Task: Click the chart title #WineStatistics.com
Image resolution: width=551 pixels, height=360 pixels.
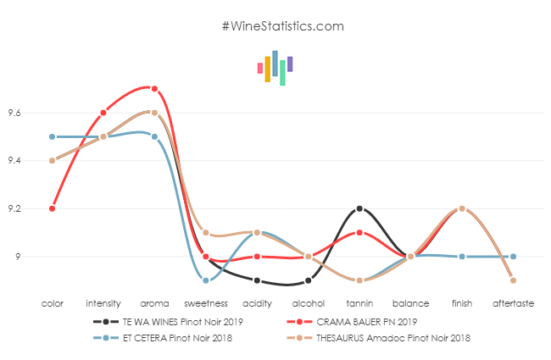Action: (x=282, y=25)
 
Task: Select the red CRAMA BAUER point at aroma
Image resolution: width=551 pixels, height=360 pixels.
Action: (x=154, y=88)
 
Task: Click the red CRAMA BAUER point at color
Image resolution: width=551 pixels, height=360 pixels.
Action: (x=52, y=208)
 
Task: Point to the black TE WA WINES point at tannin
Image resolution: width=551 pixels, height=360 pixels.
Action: (x=359, y=208)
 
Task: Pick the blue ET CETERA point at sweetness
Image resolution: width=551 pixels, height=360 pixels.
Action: (x=206, y=280)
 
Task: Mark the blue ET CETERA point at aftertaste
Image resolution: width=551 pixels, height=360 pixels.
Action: (x=514, y=257)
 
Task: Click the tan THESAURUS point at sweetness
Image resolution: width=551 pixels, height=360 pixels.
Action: (x=206, y=232)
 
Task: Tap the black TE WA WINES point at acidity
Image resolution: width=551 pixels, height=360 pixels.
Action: (x=257, y=280)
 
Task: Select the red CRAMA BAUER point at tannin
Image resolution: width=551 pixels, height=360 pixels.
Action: (x=359, y=232)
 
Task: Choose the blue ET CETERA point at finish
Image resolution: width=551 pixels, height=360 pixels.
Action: (x=462, y=257)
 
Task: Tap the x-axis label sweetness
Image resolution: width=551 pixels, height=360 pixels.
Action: (x=206, y=302)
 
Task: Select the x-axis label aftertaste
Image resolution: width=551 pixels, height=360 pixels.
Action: (x=514, y=302)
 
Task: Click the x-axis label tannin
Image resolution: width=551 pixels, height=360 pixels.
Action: (x=359, y=302)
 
